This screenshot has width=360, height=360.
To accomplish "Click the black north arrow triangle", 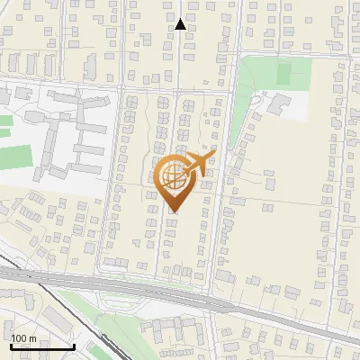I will [x=180, y=24].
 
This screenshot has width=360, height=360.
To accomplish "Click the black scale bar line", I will [x=42, y=346].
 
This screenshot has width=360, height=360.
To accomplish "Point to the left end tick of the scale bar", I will [x=11, y=345].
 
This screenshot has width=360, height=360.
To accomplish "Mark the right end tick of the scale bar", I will [x=74, y=345].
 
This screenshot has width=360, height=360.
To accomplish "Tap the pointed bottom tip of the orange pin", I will [x=173, y=211].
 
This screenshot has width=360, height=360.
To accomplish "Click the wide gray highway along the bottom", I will [x=180, y=296].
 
